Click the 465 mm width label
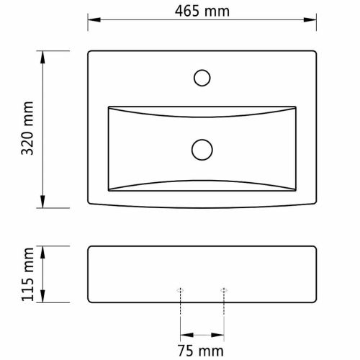pyautogui.click(x=202, y=12)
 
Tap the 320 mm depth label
pyautogui.click(x=27, y=128)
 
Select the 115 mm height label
pyautogui.click(x=27, y=274)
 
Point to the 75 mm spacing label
pyautogui.click(x=201, y=351)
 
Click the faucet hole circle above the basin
pyautogui.click(x=202, y=78)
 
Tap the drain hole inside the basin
pyautogui.click(x=202, y=150)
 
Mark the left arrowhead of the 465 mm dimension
pyautogui.click(x=94, y=19)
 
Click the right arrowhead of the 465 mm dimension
pyautogui.click(x=310, y=19)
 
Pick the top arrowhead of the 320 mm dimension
pyautogui.click(x=42, y=57)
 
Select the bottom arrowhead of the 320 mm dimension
pyautogui.click(x=42, y=202)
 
